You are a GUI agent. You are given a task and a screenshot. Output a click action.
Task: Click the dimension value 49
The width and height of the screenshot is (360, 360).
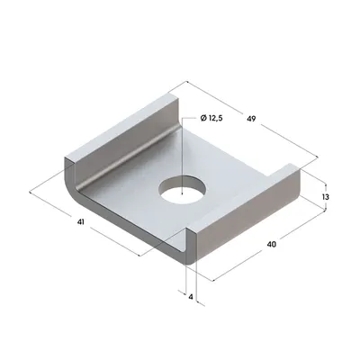click(x=251, y=119)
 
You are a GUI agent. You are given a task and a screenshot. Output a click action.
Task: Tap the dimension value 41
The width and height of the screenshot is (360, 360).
click(x=80, y=222)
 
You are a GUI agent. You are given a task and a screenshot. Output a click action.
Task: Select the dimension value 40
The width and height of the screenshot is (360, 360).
click(x=271, y=245)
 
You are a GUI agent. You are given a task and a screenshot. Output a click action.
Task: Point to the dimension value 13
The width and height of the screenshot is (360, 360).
click(x=325, y=197)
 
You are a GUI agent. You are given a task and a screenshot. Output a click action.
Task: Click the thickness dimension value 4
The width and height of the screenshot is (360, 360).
click(x=191, y=297)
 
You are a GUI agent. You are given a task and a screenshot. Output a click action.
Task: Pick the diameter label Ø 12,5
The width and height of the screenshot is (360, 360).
click(x=211, y=119)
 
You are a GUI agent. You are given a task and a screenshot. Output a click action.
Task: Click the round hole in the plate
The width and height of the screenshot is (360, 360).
click(x=184, y=191)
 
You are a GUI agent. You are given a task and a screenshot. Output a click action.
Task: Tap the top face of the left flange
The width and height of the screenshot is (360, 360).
click(x=121, y=126)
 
